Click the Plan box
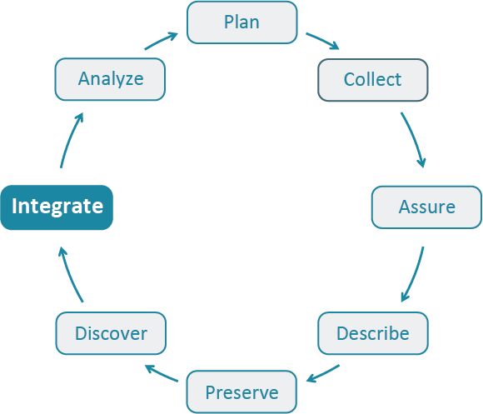[x=242, y=22]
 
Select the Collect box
[x=372, y=80]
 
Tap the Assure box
[x=426, y=207]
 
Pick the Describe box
[x=372, y=333]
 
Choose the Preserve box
[x=242, y=392]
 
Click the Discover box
[x=111, y=333]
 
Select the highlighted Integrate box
[x=57, y=207]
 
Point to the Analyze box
[x=111, y=80]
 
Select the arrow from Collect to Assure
[x=414, y=138]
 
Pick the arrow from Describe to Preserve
[x=323, y=373]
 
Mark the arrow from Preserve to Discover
[x=162, y=373]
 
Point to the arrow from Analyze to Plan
[x=161, y=42]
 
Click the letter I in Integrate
[x=15, y=206]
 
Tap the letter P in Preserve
[x=211, y=392]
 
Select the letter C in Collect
[x=350, y=80]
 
